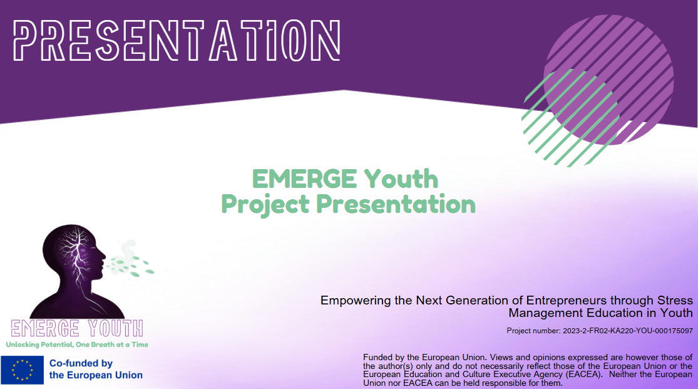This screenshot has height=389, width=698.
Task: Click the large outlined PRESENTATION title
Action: point(177,41)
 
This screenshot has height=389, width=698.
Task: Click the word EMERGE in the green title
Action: point(304,179)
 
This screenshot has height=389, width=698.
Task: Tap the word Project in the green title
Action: point(265,205)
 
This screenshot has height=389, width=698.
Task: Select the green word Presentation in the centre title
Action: point(396,204)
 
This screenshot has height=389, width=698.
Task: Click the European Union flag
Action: point(23,370)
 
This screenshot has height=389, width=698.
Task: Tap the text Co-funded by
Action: point(81,363)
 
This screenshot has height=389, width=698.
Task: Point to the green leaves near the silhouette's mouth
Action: point(131,265)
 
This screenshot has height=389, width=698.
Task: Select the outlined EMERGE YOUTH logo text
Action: point(77,328)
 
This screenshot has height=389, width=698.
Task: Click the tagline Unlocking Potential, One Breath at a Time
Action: point(77,345)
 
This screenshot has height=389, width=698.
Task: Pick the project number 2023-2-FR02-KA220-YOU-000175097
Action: point(628,331)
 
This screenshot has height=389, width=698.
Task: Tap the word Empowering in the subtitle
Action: point(356,300)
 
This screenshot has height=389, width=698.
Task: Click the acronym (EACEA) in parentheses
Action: point(584,375)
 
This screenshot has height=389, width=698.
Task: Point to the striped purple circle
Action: point(608,80)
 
